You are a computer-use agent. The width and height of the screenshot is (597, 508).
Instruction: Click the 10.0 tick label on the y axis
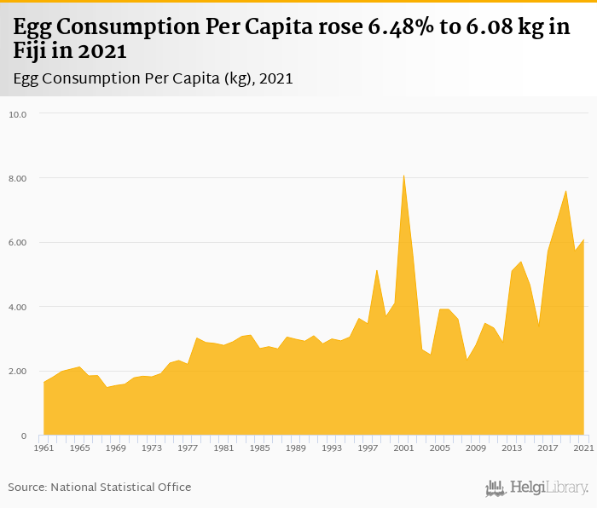pyautogui.click(x=19, y=114)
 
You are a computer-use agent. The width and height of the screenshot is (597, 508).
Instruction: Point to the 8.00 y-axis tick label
pyautogui.click(x=19, y=178)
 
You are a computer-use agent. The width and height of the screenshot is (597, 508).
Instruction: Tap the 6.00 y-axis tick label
pyautogui.click(x=19, y=243)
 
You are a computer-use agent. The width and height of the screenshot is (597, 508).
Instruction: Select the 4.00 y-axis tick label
pyautogui.click(x=19, y=307)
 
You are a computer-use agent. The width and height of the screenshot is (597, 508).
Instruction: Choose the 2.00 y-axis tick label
pyautogui.click(x=19, y=372)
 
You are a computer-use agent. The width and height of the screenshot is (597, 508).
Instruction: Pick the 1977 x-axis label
pyautogui.click(x=188, y=447)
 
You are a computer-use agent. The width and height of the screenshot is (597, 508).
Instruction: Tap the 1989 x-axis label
pyautogui.click(x=295, y=447)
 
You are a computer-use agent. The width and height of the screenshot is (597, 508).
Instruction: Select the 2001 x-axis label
pyautogui.click(x=403, y=447)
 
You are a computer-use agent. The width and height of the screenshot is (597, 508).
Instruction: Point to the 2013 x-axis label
pyautogui.click(x=512, y=447)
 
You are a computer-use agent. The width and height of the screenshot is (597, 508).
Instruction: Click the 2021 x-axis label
pyautogui.click(x=583, y=447)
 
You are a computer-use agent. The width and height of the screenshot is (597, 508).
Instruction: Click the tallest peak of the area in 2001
pyautogui.click(x=403, y=176)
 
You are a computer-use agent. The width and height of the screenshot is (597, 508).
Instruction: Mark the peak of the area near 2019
pyautogui.click(x=565, y=191)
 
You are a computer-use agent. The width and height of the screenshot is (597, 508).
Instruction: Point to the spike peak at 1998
pyautogui.click(x=376, y=270)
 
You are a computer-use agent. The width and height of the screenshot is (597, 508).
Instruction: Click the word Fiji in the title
pyautogui.click(x=32, y=51)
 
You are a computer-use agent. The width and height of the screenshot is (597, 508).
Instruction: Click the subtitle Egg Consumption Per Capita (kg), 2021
pyautogui.click(x=154, y=78)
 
